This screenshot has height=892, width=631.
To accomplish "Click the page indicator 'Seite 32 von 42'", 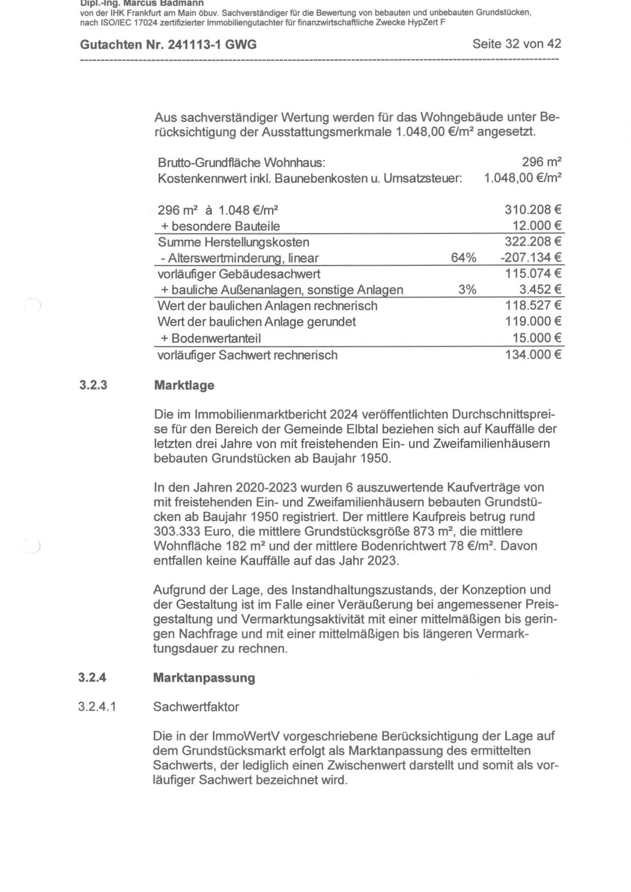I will coord(517,44).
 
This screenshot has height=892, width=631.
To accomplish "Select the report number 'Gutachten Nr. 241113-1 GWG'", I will coord(168,45).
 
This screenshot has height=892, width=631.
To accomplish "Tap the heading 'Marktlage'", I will coord(184,385).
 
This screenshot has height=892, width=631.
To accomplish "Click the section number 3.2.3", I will coord(93,385).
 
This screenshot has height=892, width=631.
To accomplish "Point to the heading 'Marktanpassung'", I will coord(204,678).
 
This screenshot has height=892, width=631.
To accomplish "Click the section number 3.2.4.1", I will coord(97,707).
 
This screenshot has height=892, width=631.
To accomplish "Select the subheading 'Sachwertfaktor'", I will coord(196,707).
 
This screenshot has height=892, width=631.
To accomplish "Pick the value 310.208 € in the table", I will coord(533,210).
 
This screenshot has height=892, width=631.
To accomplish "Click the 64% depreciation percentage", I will coord(463,258).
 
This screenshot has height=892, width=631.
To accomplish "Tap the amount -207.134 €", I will coord(531,258).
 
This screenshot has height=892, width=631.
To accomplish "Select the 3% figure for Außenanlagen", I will coord(467,290).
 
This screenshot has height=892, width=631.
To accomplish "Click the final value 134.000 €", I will coord(533,355).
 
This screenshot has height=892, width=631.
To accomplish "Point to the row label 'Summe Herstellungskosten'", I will coord(233,242).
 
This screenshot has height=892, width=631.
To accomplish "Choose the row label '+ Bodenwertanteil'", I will coord(211,338).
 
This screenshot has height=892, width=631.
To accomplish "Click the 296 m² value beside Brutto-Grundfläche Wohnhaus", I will coord(541,162).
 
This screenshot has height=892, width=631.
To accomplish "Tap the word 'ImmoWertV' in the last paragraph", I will coord(245,736).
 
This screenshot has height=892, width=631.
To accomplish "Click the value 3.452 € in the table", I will coord(540,290).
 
